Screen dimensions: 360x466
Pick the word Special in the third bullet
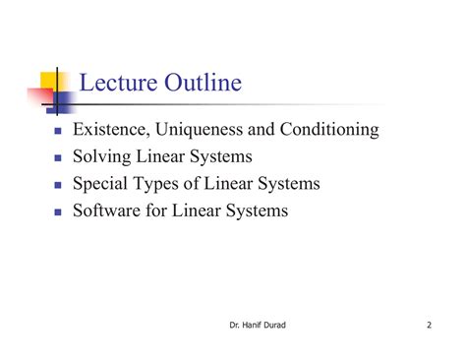click(x=102, y=184)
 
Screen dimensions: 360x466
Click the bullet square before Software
click(x=58, y=211)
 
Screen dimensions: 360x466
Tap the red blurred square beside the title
click(x=39, y=95)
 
